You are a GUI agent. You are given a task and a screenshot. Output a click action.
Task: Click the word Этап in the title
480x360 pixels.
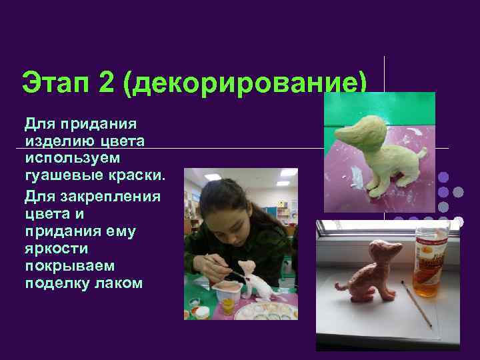pos(53,84)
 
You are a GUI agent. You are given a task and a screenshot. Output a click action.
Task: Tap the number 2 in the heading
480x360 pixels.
pos(107,84)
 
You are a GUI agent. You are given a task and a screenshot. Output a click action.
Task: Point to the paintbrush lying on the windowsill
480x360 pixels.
pos(416,304)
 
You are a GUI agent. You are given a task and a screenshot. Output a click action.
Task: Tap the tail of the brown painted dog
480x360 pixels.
pos(341,286)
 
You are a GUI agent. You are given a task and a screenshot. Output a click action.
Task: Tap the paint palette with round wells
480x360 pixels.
pos(267,309)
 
